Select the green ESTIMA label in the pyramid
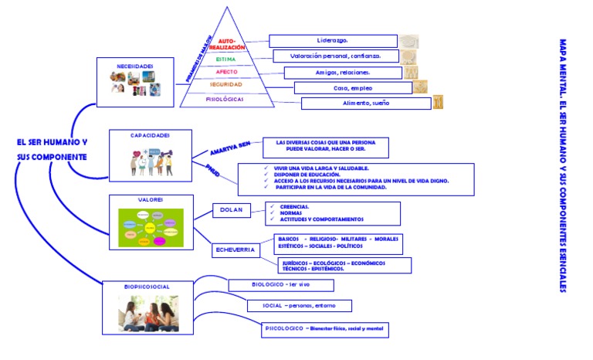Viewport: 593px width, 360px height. [226, 59]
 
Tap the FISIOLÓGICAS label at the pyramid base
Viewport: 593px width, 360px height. [225, 99]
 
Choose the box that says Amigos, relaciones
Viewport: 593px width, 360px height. [343, 72]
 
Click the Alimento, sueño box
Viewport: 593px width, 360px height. [365, 104]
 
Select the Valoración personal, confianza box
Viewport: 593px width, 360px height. [337, 56]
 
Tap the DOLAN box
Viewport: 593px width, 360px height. [232, 210]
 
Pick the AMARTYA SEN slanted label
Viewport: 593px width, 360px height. [230, 147]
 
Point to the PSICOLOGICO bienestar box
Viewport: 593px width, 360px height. [324, 329]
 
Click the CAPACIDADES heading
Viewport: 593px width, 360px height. [150, 134]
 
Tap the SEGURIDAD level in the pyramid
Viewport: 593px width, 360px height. [226, 84]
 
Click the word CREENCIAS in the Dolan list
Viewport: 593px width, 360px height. [294, 206]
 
